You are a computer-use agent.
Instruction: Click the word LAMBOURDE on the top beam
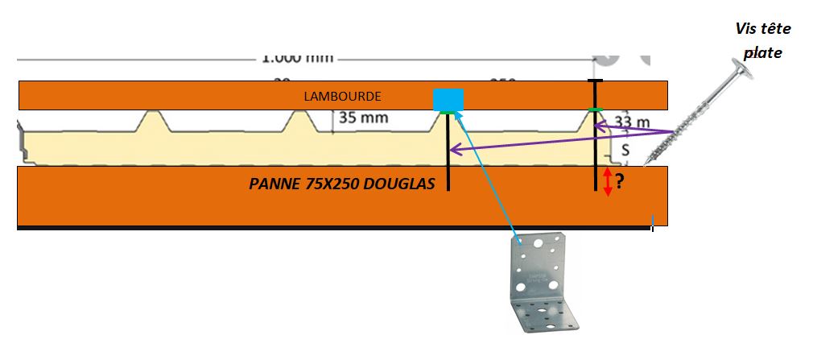pyautogui.click(x=342, y=96)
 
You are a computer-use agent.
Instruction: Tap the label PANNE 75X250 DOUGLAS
pyautogui.click(x=342, y=184)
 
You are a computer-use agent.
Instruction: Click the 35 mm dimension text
pyautogui.click(x=363, y=118)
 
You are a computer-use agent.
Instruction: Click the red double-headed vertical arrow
pyautogui.click(x=608, y=184)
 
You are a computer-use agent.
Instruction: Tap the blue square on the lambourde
pyautogui.click(x=448, y=100)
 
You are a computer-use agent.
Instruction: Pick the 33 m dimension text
pyautogui.click(x=632, y=122)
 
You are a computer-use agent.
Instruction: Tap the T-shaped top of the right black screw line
pyautogui.click(x=594, y=81)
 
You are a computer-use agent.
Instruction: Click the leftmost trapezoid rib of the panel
pyautogui.click(x=155, y=122)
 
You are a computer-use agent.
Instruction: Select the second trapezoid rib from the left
pyautogui.click(x=299, y=122)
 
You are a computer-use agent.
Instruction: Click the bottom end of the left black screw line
pyautogui.click(x=448, y=189)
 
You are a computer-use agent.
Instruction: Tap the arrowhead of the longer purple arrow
pyautogui.click(x=452, y=150)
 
